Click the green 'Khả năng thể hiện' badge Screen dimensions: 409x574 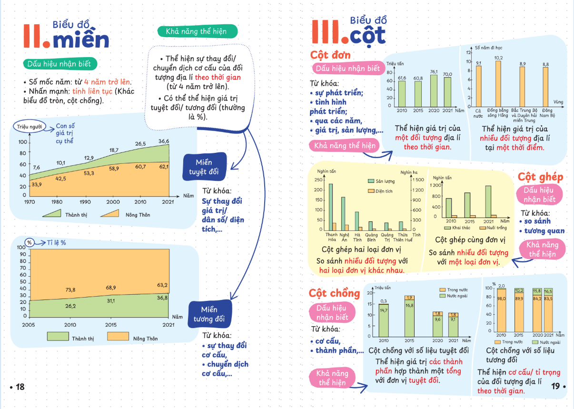pos(198,31)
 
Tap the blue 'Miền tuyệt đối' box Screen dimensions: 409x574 pos(204,167)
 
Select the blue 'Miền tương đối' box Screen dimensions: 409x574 pos(208,314)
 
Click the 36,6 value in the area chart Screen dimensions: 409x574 pos(164,141)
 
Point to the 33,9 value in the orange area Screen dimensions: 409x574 pos(37,185)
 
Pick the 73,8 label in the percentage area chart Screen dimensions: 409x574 pos(70,289)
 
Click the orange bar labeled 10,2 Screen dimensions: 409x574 pos(498,84)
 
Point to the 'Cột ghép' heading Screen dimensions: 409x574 pos(540,177)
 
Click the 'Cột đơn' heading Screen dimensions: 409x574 pos(330,55)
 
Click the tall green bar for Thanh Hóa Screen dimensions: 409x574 pos(330,207)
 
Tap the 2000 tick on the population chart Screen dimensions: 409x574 pos(113,202)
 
